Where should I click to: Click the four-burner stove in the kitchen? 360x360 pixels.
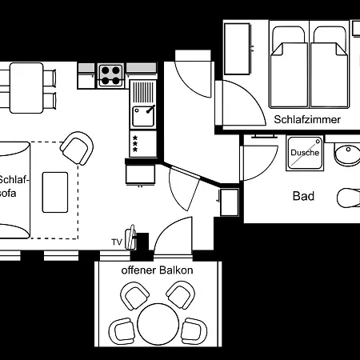(111, 74)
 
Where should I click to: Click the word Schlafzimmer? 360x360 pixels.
(307, 119)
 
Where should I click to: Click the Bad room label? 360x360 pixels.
(303, 196)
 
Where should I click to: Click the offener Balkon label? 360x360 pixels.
(157, 270)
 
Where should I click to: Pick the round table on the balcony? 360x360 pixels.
(157, 323)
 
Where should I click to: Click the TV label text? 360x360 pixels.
(117, 242)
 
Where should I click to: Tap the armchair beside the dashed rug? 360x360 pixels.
(77, 148)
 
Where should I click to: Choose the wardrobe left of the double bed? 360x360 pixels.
(237, 50)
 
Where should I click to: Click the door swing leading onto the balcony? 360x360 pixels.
(171, 236)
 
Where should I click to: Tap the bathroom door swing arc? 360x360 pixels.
(259, 161)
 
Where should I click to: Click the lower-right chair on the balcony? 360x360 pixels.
(191, 329)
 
